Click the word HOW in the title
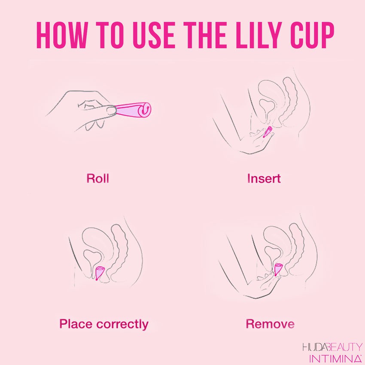pos(61,35)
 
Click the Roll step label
pos(97,178)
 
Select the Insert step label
pos(264,178)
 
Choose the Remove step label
pos(270,324)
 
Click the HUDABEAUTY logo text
pos(332,347)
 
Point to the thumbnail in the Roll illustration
pos(111,110)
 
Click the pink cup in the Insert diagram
pos(267,132)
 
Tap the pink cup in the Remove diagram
pos(278,269)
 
